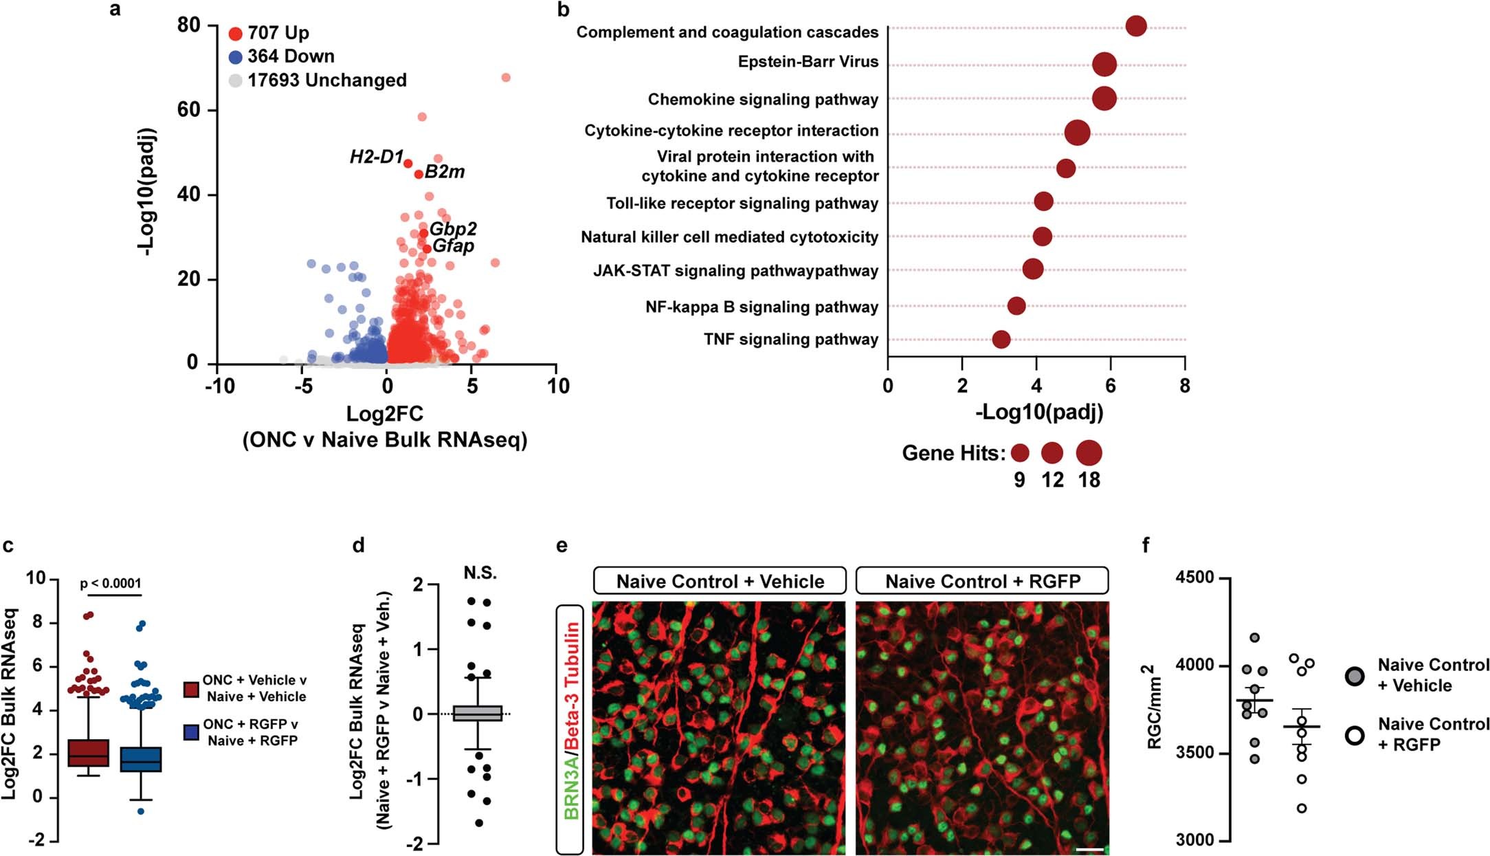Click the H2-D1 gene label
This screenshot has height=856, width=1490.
[376, 157]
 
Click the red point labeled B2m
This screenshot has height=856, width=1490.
[419, 175]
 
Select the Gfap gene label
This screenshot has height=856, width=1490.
[453, 245]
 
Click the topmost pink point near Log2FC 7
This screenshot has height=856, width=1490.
[506, 78]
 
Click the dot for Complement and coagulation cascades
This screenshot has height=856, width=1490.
[1136, 26]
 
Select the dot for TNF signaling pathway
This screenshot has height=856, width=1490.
[1001, 340]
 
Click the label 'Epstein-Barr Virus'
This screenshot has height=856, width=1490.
[808, 62]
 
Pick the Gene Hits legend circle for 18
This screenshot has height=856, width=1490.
[1089, 453]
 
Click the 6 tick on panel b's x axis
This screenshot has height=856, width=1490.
[1111, 386]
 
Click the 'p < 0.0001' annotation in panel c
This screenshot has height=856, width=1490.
[111, 584]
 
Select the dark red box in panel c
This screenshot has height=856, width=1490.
[89, 753]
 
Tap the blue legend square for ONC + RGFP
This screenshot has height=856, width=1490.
[192, 732]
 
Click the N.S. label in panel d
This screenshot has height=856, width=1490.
[480, 573]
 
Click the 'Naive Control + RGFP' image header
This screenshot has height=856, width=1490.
[982, 582]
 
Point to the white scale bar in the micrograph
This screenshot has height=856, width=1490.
[1089, 850]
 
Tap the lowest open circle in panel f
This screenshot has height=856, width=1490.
[1301, 809]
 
